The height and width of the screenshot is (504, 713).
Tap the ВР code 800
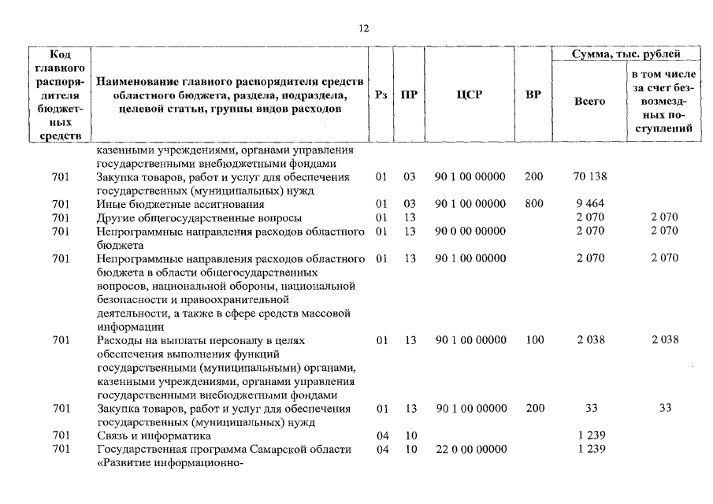(x=533, y=203)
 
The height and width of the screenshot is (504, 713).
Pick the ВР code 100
(x=533, y=340)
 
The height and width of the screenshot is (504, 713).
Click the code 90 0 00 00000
(x=469, y=231)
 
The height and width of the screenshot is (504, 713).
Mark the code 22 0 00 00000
(x=469, y=449)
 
